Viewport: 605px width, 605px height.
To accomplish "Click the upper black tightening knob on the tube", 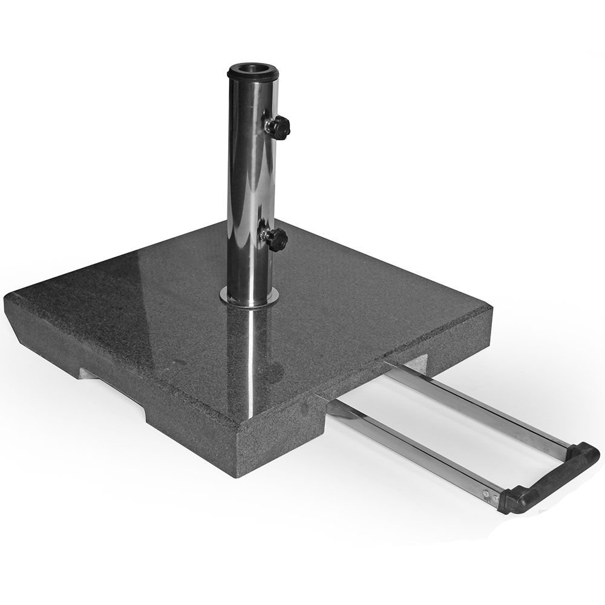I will [x=280, y=126].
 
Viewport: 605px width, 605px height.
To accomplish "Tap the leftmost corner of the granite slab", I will [x=7, y=299].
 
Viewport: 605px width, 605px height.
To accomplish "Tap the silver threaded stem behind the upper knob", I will [x=268, y=124].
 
